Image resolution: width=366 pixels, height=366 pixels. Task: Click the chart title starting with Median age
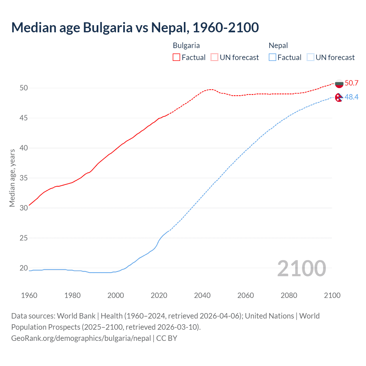click(x=135, y=27)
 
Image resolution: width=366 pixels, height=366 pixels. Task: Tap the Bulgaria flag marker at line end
click(x=339, y=83)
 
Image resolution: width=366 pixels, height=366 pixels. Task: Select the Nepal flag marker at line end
click(x=339, y=98)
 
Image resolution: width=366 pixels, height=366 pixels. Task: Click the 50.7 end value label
click(x=351, y=83)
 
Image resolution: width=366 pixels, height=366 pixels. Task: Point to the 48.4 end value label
click(x=351, y=97)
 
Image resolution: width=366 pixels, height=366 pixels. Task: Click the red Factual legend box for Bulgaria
click(x=176, y=57)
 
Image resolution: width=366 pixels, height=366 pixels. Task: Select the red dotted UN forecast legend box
click(x=214, y=57)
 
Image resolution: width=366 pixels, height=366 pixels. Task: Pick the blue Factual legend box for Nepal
click(x=272, y=57)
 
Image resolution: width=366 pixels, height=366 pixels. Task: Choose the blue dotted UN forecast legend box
click(x=310, y=57)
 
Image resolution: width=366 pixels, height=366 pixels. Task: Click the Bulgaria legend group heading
click(x=186, y=45)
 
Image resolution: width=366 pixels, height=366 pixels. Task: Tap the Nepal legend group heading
click(x=278, y=45)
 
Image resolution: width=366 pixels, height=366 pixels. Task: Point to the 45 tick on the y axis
click(x=24, y=118)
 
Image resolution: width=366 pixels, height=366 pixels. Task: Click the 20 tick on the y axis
click(x=24, y=268)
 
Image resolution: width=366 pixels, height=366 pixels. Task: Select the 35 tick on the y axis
click(x=24, y=178)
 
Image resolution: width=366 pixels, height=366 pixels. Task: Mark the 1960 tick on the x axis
click(x=29, y=295)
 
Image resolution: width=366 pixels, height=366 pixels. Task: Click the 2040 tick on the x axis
click(x=202, y=295)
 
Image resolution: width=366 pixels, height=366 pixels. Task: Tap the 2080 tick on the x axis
click(x=289, y=295)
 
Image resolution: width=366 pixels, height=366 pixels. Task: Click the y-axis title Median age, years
click(x=12, y=178)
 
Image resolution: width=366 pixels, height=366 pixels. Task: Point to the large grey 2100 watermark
click(x=301, y=268)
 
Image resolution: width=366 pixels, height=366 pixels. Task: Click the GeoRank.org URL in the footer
click(x=81, y=338)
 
